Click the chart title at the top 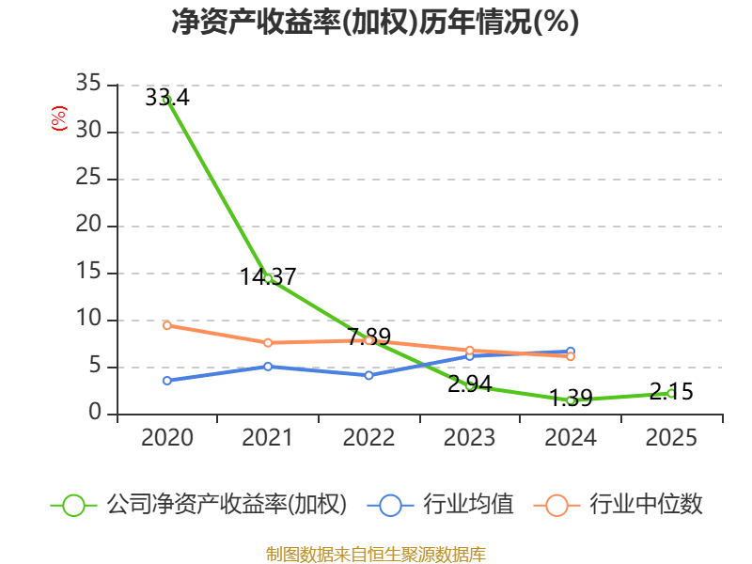[x=376, y=23]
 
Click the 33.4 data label [x=167, y=97]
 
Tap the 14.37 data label [x=268, y=277]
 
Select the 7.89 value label [x=369, y=337]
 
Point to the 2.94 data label [x=470, y=384]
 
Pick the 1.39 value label [x=571, y=398]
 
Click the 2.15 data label [x=671, y=391]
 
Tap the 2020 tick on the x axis [x=167, y=437]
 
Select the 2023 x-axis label [x=470, y=437]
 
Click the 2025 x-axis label [x=671, y=437]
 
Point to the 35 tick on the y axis [x=89, y=85]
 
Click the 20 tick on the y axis [x=89, y=226]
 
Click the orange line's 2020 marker [x=167, y=325]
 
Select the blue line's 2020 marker [x=167, y=381]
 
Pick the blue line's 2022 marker [x=369, y=375]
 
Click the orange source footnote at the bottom [x=376, y=554]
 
